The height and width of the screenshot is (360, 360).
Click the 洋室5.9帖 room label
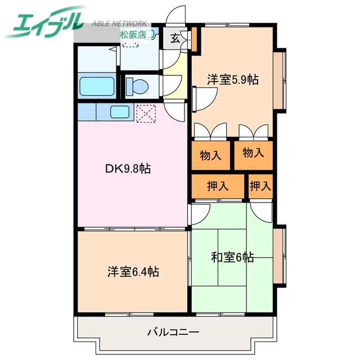coord(232,80)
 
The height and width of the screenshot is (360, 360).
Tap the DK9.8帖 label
coord(129,168)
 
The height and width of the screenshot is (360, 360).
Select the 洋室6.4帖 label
coord(133,272)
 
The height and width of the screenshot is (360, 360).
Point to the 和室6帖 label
coord(232,258)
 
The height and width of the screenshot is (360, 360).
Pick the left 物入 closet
coord(210,155)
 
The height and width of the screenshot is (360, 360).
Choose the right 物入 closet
coord(253,152)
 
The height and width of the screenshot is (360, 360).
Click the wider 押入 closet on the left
coord(217,186)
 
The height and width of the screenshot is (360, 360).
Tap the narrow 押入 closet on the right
coord(260,186)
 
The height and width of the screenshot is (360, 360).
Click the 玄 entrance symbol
coord(175,39)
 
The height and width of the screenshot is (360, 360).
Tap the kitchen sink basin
coord(119,111)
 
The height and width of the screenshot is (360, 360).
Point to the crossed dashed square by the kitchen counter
coord(145,112)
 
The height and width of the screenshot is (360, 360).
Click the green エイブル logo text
coord(45,22)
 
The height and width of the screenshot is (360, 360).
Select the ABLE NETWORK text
coord(119,24)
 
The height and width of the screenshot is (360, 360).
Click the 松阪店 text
coord(133,34)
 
